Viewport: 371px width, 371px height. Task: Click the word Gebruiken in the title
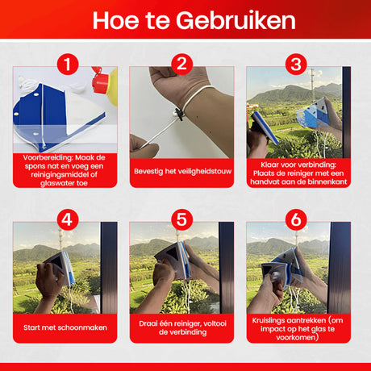point(236,20)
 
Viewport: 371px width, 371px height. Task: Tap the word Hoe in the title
point(115,20)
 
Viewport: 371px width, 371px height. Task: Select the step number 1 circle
point(68,65)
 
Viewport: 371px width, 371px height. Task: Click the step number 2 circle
point(182,65)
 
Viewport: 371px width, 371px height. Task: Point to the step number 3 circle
point(296,65)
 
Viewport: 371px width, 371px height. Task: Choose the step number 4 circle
point(68,219)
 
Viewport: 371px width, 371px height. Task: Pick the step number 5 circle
point(182,219)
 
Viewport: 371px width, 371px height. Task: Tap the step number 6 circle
point(296,219)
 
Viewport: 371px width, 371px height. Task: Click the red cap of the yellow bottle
point(99,80)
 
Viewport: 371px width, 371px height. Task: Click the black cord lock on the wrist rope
point(178,114)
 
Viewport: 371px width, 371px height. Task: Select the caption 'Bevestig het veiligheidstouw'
point(182,171)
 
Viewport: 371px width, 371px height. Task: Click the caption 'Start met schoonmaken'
point(65,327)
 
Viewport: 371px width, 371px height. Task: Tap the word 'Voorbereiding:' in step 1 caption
point(45,157)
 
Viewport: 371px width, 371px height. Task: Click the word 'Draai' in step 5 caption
point(148,323)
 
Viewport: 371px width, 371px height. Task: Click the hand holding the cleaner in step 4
point(49,280)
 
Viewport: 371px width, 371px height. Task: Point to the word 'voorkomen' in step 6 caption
point(296,337)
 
